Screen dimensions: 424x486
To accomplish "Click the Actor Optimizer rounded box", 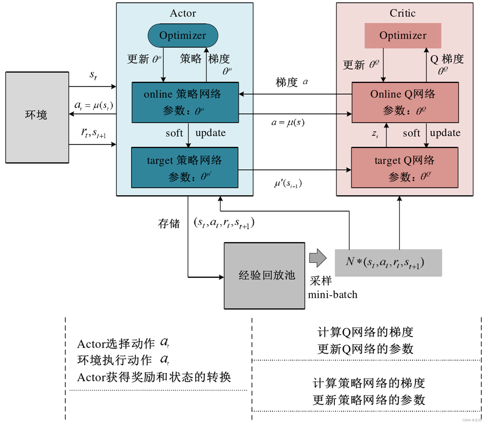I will pyautogui.click(x=183, y=35).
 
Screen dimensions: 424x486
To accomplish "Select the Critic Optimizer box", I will pyautogui.click(x=403, y=35).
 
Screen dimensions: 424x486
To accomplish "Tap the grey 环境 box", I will pyautogui.click(x=37, y=117).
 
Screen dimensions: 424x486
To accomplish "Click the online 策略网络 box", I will pyautogui.click(x=185, y=102).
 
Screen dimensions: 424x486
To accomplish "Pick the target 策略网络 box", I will pyautogui.click(x=185, y=168).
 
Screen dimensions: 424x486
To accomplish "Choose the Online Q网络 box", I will pyautogui.click(x=405, y=102).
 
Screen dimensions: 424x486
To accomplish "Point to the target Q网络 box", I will pyautogui.click(x=404, y=168).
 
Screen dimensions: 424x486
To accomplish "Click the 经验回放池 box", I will pyautogui.click(x=264, y=276).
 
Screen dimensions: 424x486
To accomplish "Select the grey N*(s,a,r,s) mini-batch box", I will pyautogui.click(x=388, y=263).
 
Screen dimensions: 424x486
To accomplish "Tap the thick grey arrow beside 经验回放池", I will pyautogui.click(x=317, y=258).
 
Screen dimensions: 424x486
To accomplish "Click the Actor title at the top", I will pyautogui.click(x=183, y=13).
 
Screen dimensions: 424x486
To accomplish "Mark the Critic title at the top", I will pyautogui.click(x=403, y=13).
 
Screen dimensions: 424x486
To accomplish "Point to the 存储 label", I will pyautogui.click(x=169, y=223).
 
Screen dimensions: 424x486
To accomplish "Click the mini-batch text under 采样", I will pyautogui.click(x=333, y=294).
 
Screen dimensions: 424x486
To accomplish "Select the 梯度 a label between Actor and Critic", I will pyautogui.click(x=291, y=82).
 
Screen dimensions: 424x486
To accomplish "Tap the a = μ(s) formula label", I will pyautogui.click(x=288, y=122).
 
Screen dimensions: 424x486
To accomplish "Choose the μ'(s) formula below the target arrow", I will pyautogui.click(x=288, y=183).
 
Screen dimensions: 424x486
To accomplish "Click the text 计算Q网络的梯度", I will pyautogui.click(x=365, y=332).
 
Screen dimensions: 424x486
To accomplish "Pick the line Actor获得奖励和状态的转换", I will pyautogui.click(x=154, y=377).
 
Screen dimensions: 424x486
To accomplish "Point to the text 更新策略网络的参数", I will pyautogui.click(x=369, y=400).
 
